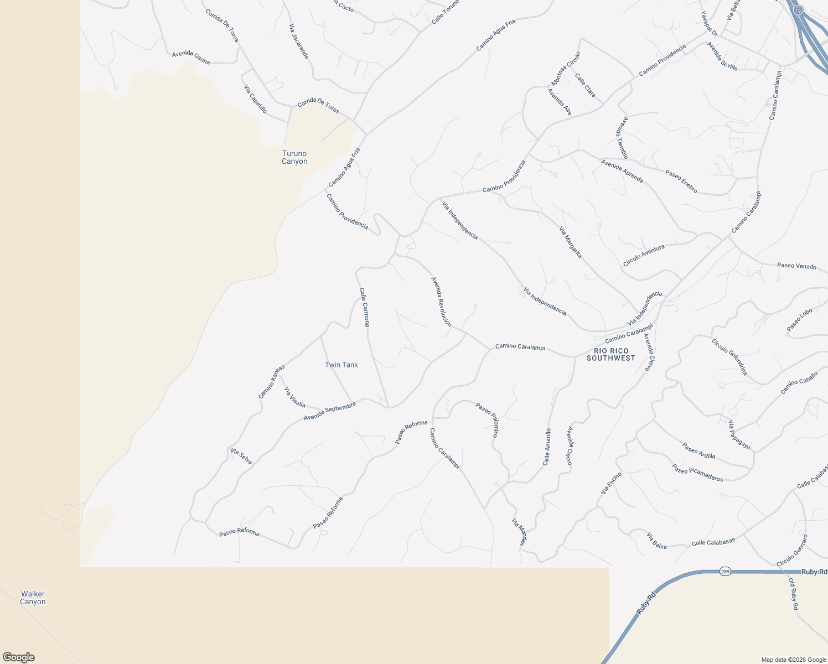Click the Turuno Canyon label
[x=294, y=158]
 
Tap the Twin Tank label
[x=341, y=365]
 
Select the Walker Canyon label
[x=33, y=598]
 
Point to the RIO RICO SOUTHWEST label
[x=611, y=355]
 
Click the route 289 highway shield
[x=725, y=572]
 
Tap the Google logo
[x=19, y=657]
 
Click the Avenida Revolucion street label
[x=441, y=302]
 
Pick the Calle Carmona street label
[x=364, y=307]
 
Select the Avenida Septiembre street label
[x=329, y=411]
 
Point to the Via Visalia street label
[x=294, y=397]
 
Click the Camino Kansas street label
[x=272, y=381]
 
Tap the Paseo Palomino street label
[x=488, y=419]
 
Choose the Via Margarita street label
[x=570, y=242]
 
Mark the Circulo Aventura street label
[x=644, y=256]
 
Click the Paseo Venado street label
[x=796, y=266]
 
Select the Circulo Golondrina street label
[x=729, y=357]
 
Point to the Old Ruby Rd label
[x=793, y=594]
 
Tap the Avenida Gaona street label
[x=191, y=57]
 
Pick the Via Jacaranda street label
[x=299, y=41]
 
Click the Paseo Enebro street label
[x=681, y=181]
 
